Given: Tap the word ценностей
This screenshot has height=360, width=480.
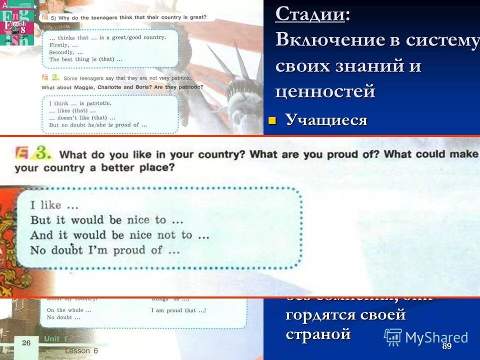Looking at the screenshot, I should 325,91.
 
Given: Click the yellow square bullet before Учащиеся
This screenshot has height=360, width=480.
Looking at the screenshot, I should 272,120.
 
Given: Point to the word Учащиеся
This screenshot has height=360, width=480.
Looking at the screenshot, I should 326,120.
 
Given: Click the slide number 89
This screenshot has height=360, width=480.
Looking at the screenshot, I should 447,346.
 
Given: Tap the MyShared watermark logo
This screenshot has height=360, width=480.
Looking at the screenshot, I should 426,337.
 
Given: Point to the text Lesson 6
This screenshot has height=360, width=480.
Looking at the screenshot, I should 81,351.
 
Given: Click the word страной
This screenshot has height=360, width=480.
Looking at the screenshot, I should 318,333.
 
